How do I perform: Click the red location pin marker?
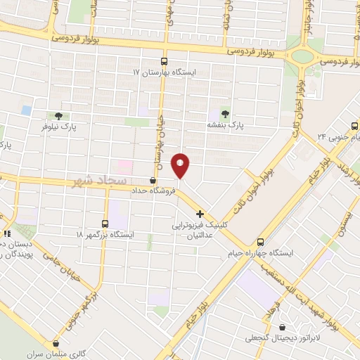coord(181,165)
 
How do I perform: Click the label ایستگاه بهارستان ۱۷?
coord(167,72)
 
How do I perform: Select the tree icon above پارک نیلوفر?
coord(58,116)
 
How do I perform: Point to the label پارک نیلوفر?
coord(58,127)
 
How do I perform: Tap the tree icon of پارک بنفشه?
coord(225,113)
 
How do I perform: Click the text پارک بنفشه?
coord(224,124)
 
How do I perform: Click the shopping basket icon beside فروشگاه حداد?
coord(153,180)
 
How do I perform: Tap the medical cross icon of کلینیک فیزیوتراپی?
coord(200,214)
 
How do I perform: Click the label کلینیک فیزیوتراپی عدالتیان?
coord(200,231)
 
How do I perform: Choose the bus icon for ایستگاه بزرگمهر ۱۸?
coord(105,223)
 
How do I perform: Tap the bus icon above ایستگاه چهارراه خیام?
coord(261,240)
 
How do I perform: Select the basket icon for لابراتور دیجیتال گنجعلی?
coord(283,327)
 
